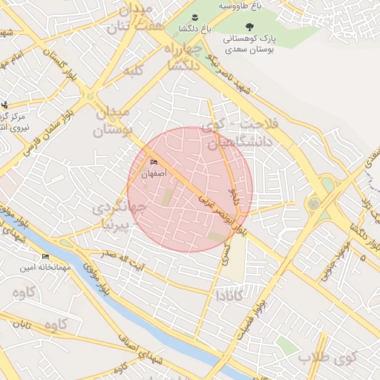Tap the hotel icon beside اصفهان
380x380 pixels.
tap(154, 163)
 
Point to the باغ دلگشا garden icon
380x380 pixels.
tap(194, 17)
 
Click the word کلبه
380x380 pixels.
tap(133, 71)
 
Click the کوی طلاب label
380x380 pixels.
tap(327, 358)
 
